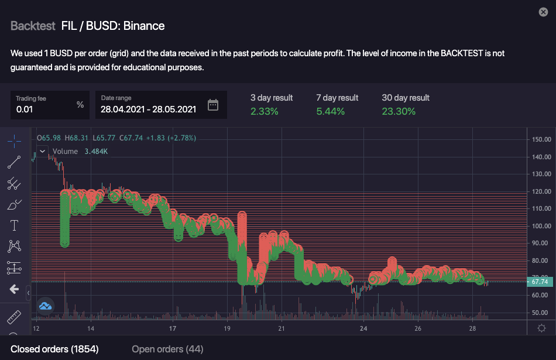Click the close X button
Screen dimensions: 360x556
pos(544,12)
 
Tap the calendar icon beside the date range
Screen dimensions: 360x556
pos(213,105)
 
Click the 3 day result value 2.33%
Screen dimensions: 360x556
pos(265,111)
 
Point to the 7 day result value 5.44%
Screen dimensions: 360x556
pos(330,111)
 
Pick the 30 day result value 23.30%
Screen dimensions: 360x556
pos(399,111)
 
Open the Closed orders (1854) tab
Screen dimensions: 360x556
pos(50,349)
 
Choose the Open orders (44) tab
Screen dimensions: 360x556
pos(167,349)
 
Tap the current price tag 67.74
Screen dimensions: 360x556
pos(539,282)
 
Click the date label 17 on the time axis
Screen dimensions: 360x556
pos(172,328)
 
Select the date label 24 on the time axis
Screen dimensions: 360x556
pos(363,328)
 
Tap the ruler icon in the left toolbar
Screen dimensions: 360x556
pos(14,318)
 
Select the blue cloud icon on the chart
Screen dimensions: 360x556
pos(46,305)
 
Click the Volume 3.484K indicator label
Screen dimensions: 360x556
pos(80,151)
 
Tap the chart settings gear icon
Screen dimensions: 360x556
pos(542,328)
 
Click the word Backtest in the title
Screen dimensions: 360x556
pos(33,26)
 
